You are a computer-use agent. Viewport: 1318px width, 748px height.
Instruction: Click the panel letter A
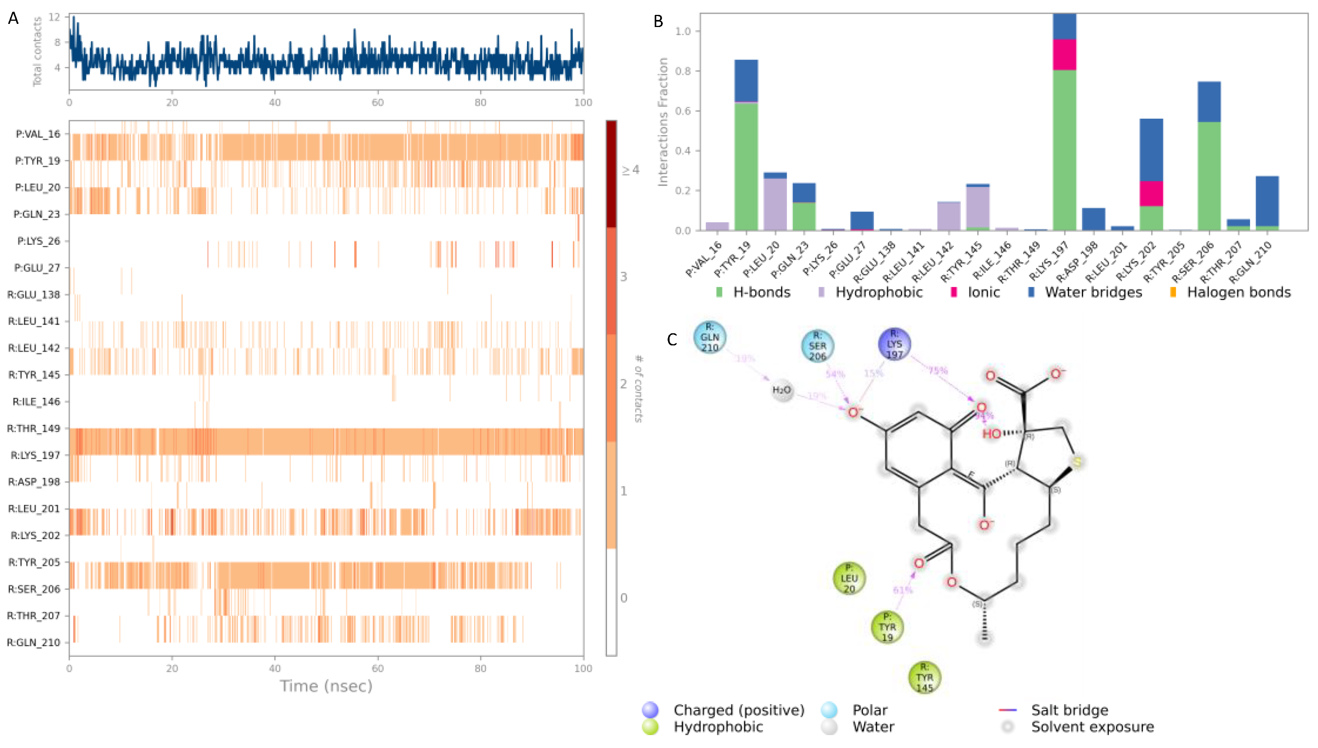click(13, 18)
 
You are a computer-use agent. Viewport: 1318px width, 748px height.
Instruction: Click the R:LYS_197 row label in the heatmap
click(36, 455)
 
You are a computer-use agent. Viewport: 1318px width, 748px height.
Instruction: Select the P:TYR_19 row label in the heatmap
click(38, 161)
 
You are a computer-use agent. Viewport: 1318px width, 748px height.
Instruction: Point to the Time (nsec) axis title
click(326, 686)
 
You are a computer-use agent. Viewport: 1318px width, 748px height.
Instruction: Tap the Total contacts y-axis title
click(37, 51)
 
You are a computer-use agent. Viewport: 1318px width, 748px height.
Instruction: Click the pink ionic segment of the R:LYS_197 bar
click(1064, 55)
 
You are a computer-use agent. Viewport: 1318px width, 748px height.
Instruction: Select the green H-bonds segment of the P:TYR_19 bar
click(746, 166)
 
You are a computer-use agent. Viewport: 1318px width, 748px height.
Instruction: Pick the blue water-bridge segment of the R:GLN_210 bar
click(1267, 201)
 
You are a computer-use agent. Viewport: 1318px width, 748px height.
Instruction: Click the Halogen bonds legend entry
click(1238, 292)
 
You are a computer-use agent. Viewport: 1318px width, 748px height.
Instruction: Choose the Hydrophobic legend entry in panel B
click(878, 292)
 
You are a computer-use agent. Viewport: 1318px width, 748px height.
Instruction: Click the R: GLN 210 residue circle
click(710, 338)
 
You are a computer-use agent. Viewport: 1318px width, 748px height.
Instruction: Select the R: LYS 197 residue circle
click(894, 344)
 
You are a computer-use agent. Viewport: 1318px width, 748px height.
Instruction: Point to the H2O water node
click(782, 390)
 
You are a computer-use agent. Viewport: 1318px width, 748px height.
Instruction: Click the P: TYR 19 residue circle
click(887, 627)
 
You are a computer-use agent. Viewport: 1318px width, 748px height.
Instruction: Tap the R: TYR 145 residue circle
click(924, 678)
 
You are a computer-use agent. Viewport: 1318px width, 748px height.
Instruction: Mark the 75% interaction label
click(938, 370)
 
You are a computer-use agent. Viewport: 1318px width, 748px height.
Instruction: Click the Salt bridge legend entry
click(1069, 710)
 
